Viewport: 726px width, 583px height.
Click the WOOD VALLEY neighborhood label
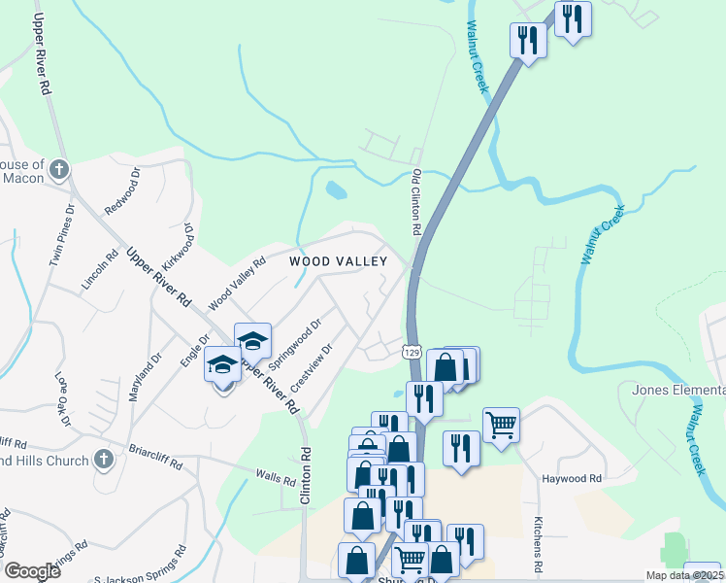pyautogui.click(x=338, y=261)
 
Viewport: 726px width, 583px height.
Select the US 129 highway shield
pyautogui.click(x=412, y=352)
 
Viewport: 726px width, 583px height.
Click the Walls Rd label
pyautogui.click(x=275, y=478)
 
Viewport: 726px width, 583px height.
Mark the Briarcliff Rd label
pyautogui.click(x=155, y=458)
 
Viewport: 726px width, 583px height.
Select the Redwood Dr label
pyautogui.click(x=123, y=190)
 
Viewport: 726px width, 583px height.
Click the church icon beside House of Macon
pyautogui.click(x=58, y=171)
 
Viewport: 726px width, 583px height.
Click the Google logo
pyautogui.click(x=32, y=571)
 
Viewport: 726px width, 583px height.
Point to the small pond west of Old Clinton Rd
pyautogui.click(x=336, y=189)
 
